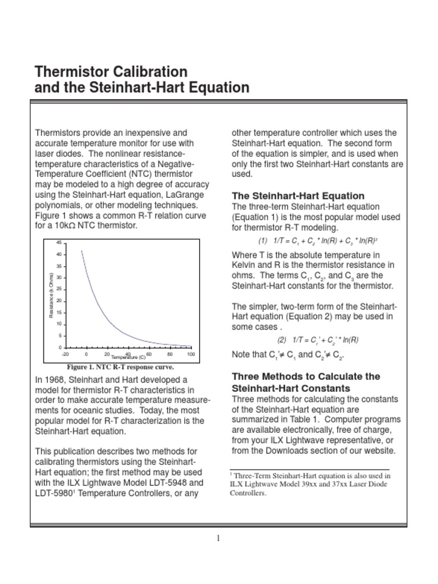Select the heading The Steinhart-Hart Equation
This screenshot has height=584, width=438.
(x=298, y=196)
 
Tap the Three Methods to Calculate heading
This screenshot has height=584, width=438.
(x=306, y=376)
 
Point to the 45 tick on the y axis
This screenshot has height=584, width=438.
(x=58, y=243)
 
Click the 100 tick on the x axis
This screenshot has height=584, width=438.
(x=190, y=354)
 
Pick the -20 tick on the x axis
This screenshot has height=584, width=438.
(x=65, y=354)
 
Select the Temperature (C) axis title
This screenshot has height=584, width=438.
(x=128, y=358)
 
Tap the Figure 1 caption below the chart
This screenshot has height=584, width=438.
(x=120, y=367)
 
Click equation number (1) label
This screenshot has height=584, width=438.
(x=263, y=241)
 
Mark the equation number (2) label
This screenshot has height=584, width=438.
(x=282, y=340)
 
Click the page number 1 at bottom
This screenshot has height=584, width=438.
(x=218, y=538)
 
